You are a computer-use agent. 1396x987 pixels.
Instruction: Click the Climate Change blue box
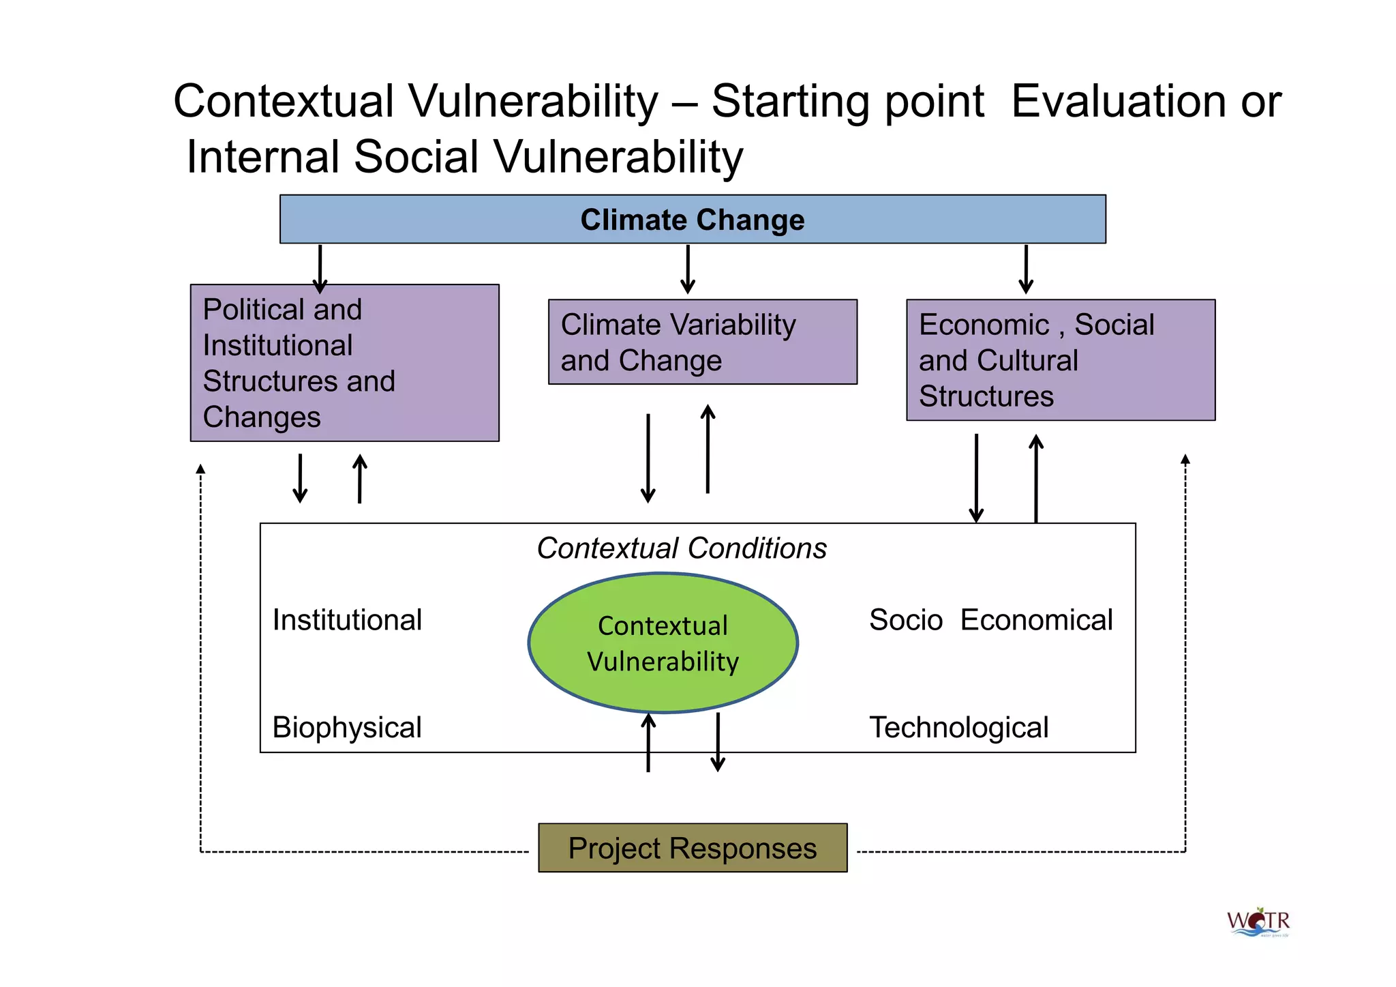tap(693, 220)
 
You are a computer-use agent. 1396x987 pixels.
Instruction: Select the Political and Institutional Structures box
tap(344, 363)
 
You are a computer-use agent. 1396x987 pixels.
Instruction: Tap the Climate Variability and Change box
tap(702, 342)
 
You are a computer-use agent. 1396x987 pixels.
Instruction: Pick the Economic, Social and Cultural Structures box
tap(1060, 360)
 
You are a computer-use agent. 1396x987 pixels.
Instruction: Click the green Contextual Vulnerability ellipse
tap(663, 643)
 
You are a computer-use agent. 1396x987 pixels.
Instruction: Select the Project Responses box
tap(693, 848)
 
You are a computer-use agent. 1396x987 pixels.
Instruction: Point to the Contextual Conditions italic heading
tap(682, 548)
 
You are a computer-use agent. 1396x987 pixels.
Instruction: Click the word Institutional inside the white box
tap(347, 620)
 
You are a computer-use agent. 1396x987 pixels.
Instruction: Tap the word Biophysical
tap(347, 728)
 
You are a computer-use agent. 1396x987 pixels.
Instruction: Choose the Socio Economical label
tap(990, 620)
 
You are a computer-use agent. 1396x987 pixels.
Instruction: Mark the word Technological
tap(958, 728)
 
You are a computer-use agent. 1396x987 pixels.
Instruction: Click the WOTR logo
tap(1258, 922)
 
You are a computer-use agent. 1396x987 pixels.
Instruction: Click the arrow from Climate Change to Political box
tap(320, 269)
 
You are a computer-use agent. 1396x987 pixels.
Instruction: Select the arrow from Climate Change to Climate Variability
tap(688, 269)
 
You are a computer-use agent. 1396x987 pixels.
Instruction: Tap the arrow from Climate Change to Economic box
tap(1026, 269)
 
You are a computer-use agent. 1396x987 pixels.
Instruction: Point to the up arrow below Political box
tap(360, 479)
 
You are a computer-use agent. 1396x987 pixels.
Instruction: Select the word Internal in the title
tap(263, 157)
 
